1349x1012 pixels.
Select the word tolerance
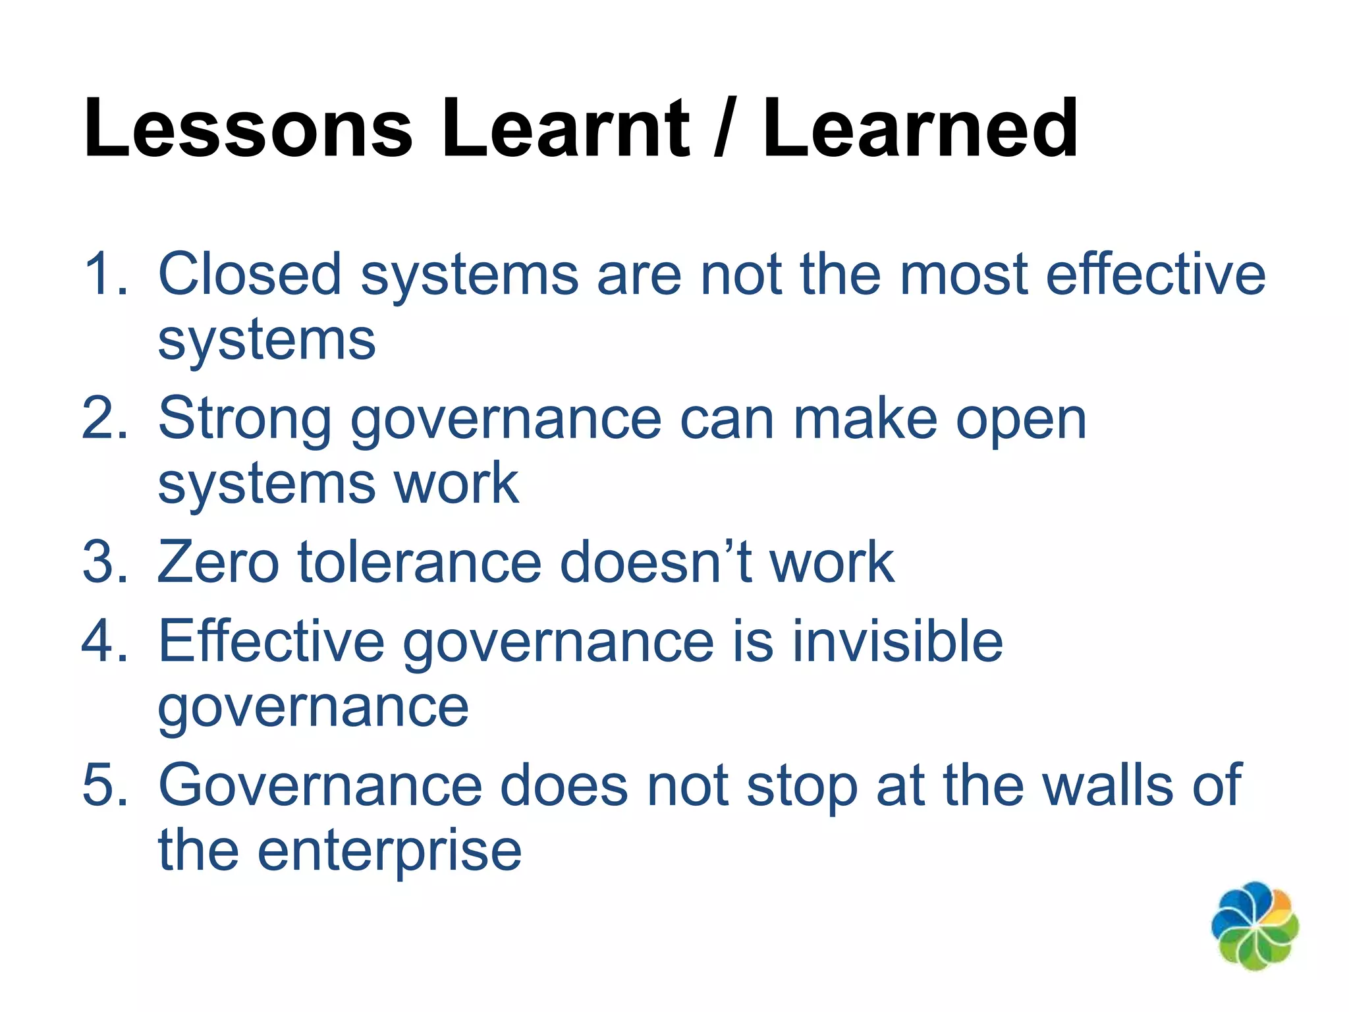pyautogui.click(x=420, y=562)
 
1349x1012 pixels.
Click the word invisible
pyautogui.click(x=897, y=641)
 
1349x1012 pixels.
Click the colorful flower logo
pyautogui.click(x=1255, y=926)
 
